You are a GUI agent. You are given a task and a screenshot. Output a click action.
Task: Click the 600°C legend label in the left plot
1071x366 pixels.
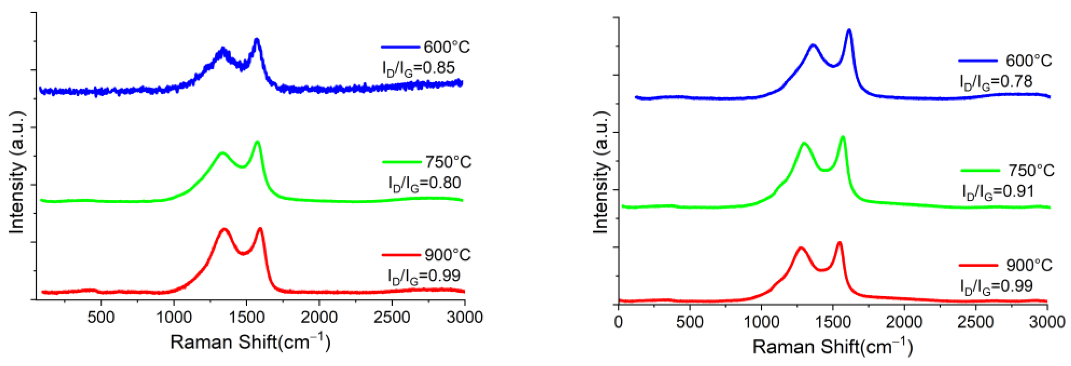(x=446, y=47)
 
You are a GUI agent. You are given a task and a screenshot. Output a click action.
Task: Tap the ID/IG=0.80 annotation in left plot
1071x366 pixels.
(x=425, y=183)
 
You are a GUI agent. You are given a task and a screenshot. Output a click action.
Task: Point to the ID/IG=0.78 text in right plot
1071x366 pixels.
(x=996, y=81)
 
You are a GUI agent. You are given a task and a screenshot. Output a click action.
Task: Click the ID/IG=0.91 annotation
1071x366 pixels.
(x=998, y=191)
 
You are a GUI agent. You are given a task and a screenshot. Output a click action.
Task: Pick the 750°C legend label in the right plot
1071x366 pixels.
(x=1032, y=171)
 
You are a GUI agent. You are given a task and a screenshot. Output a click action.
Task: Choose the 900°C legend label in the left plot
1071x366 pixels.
(x=447, y=255)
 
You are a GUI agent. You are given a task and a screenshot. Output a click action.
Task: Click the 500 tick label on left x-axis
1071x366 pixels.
(x=101, y=318)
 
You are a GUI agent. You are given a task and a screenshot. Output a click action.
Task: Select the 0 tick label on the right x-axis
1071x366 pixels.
(x=619, y=322)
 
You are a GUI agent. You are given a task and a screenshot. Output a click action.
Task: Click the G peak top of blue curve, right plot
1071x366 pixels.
(x=849, y=30)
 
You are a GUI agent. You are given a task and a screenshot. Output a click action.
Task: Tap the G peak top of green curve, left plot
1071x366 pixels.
(x=257, y=142)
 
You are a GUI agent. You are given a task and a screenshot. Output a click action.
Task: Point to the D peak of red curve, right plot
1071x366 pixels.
(x=801, y=248)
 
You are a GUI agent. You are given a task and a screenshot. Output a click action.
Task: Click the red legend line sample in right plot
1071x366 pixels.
(x=978, y=265)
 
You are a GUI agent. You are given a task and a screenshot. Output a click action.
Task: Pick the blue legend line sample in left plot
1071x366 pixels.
(x=400, y=47)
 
